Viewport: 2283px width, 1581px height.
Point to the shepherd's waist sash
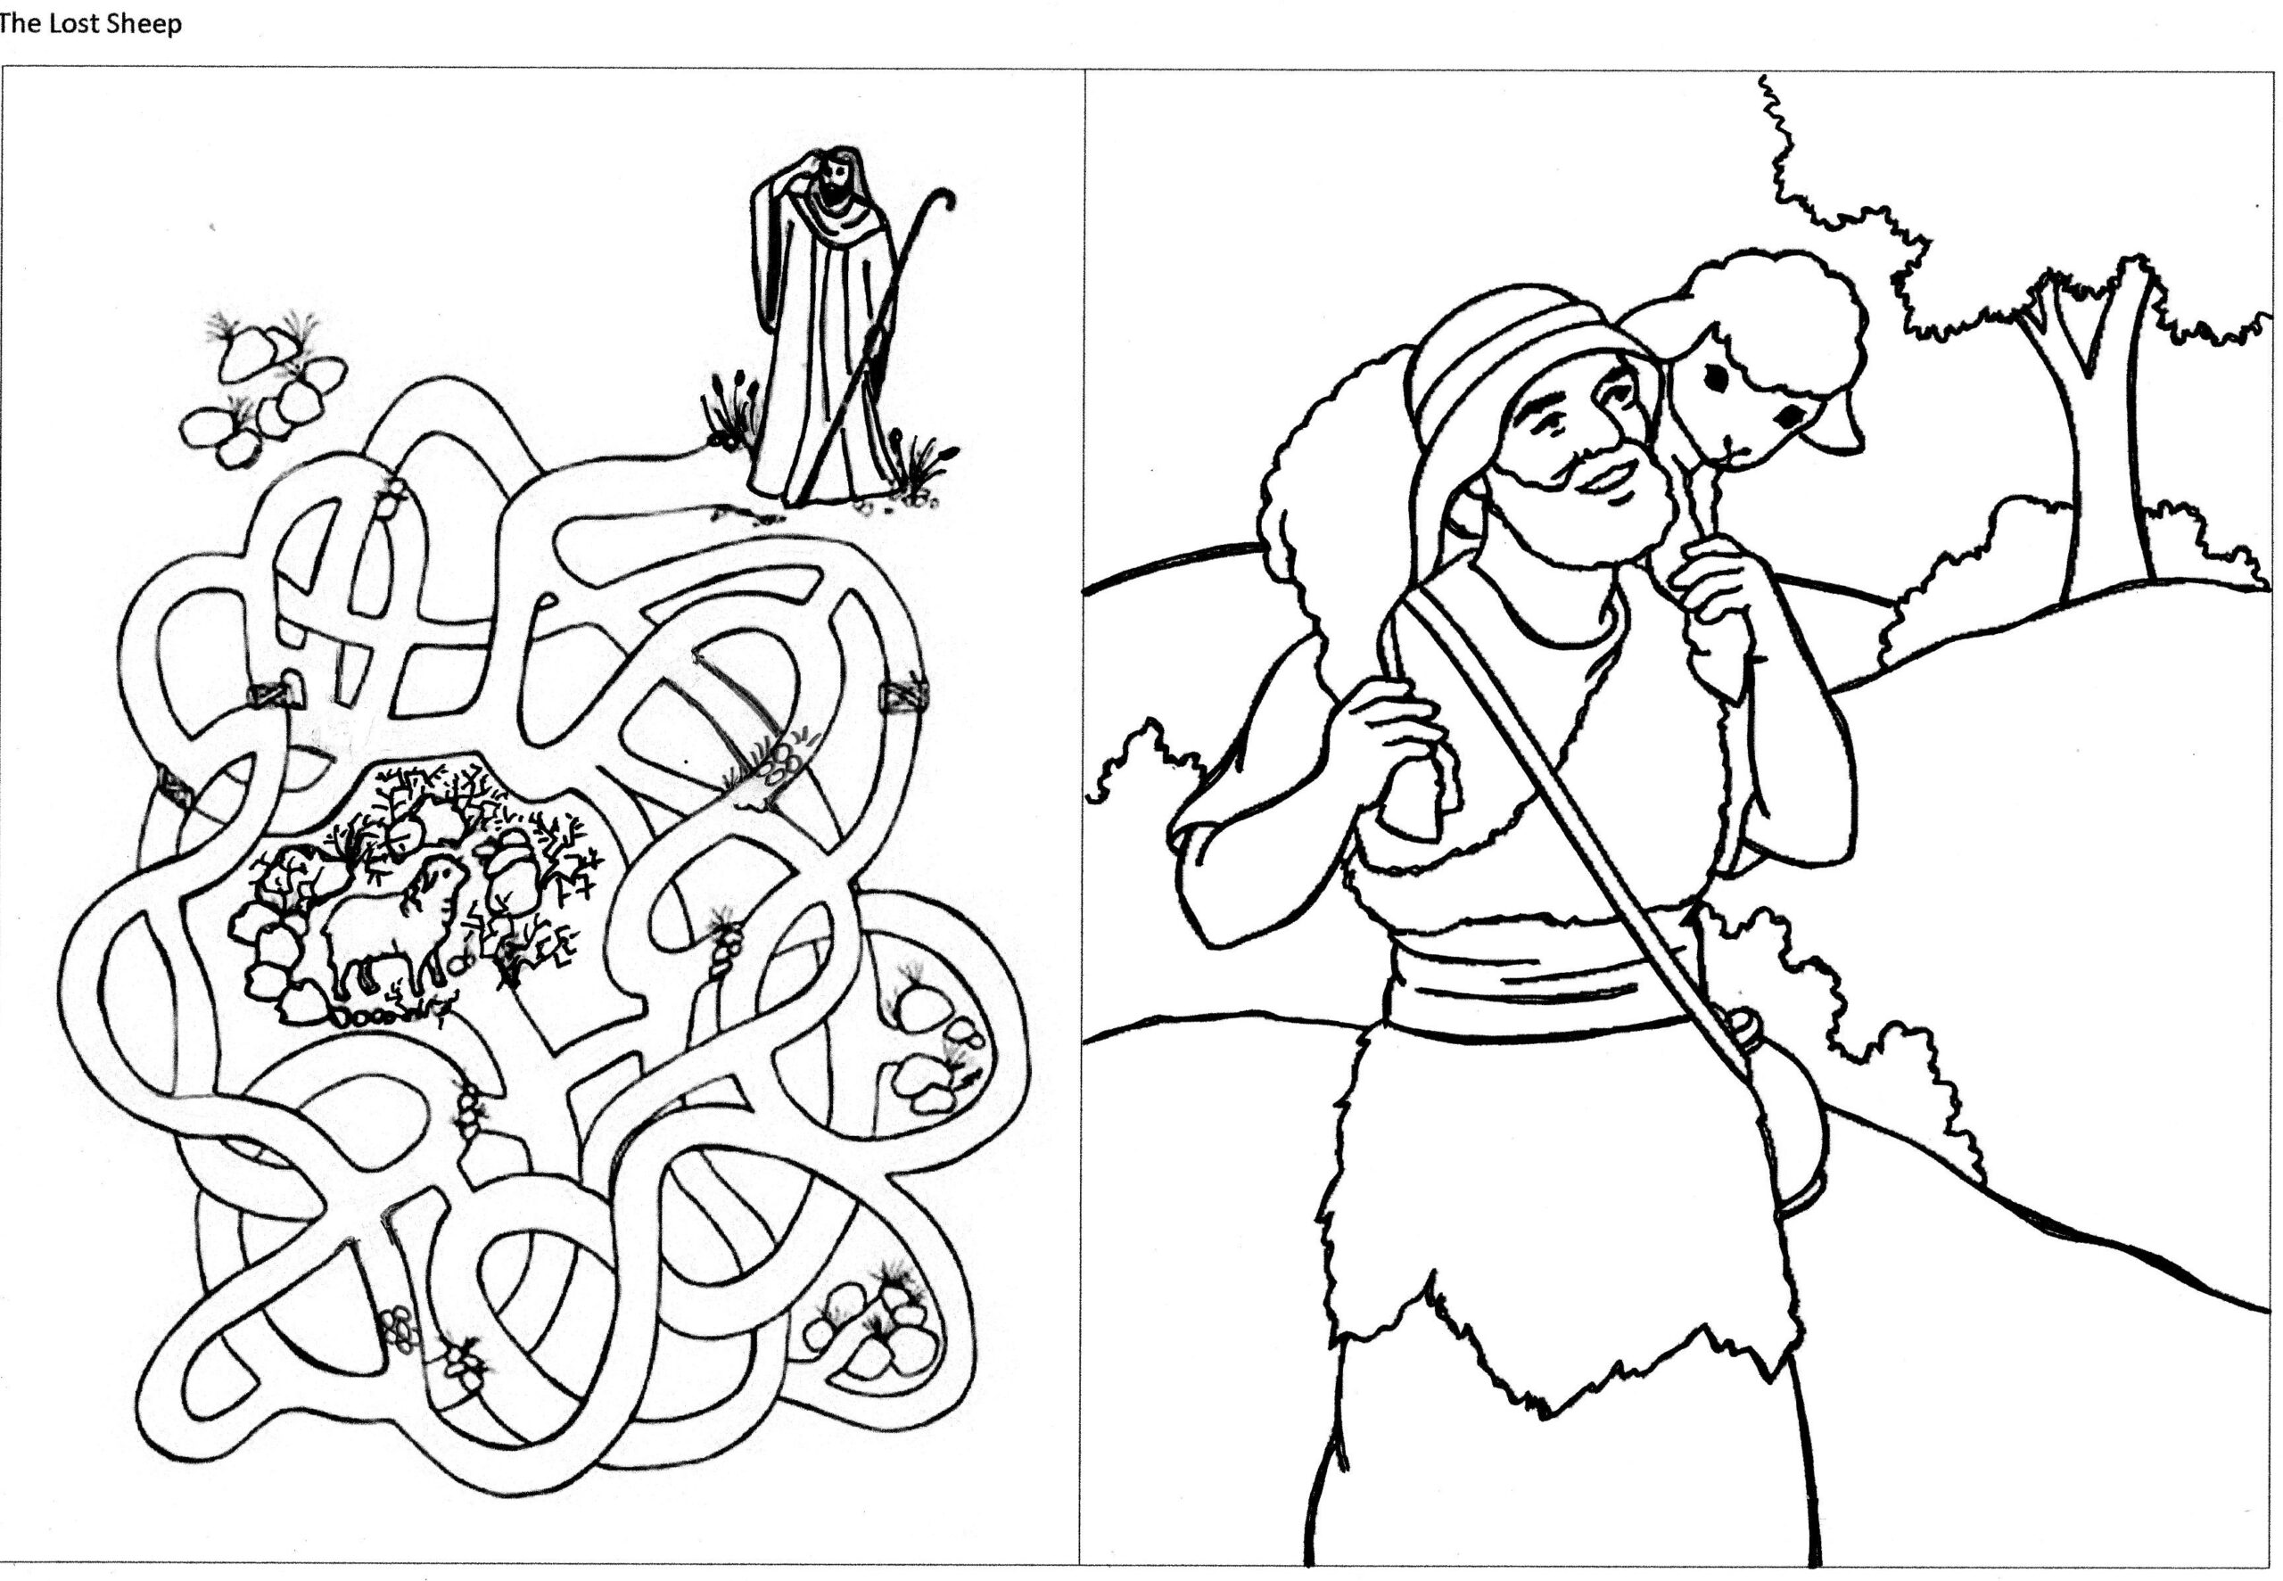point(1545,981)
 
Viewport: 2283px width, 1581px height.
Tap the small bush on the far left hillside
point(1149,762)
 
